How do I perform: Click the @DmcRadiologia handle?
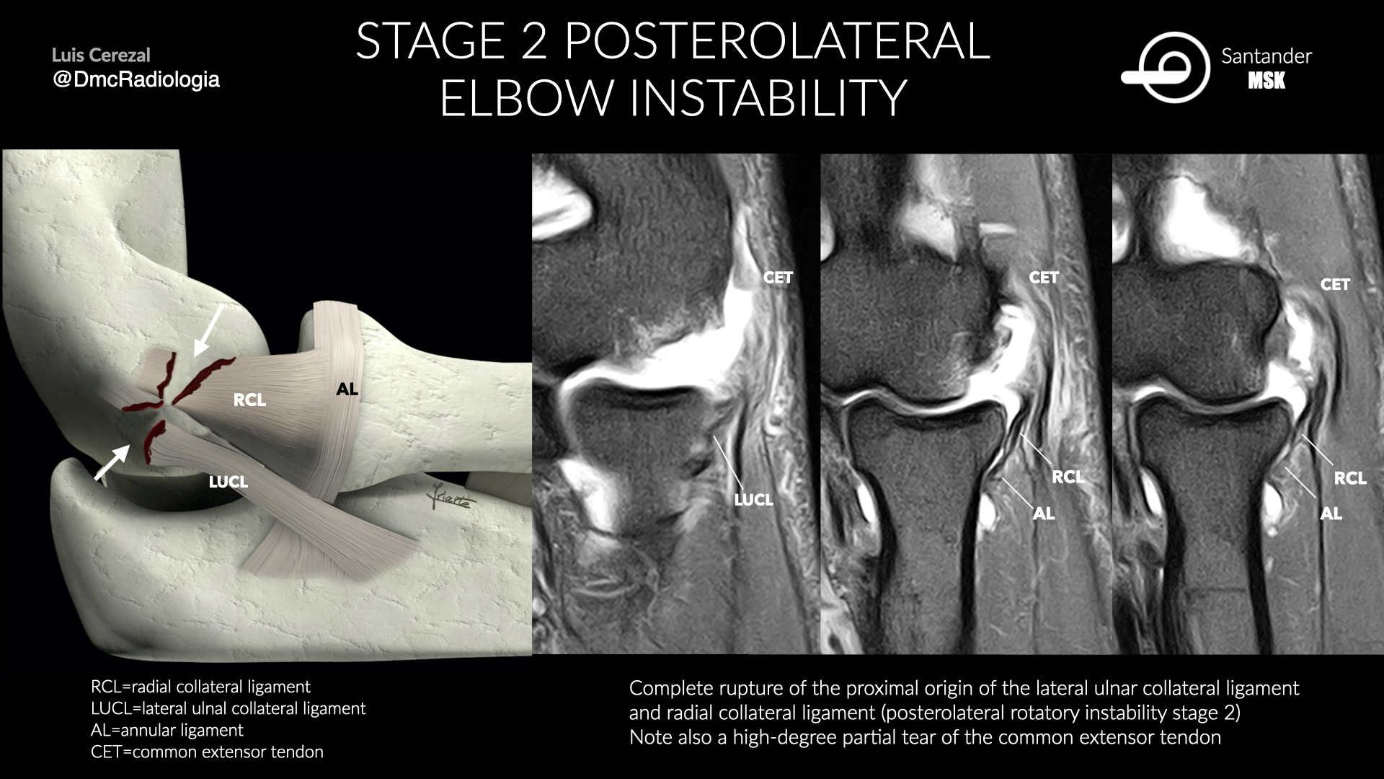136,79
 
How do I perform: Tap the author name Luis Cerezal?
101,55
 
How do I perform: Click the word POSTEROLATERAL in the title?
777,41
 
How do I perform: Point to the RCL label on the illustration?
249,400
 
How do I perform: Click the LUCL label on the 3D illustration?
229,482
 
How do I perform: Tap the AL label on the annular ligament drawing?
347,389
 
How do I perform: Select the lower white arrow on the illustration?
112,462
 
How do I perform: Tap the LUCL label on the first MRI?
753,499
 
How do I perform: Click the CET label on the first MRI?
778,278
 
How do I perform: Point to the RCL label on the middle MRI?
1068,477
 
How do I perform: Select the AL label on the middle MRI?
1043,514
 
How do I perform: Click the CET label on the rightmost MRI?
1335,285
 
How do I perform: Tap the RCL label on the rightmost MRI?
1350,478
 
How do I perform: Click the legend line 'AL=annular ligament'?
167,730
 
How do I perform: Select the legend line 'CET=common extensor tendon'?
207,752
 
